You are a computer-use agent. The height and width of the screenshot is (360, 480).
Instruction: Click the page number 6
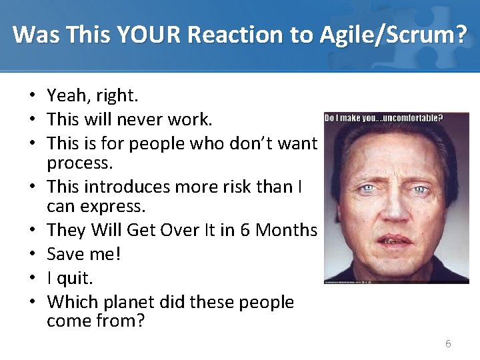[448, 344]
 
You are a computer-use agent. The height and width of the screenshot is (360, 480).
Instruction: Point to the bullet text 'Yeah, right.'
[93, 96]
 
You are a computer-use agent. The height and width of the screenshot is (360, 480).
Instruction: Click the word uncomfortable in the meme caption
[410, 118]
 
